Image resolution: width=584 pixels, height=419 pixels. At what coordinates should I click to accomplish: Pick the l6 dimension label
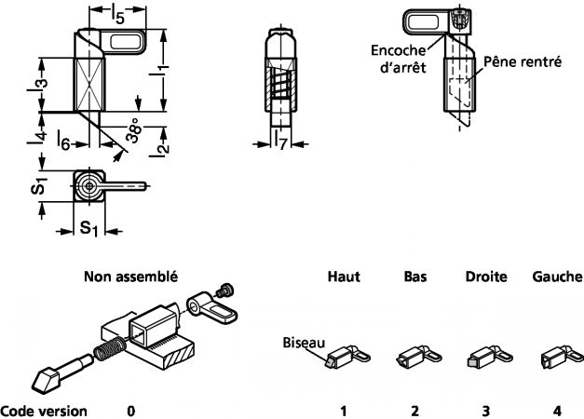pos(62,141)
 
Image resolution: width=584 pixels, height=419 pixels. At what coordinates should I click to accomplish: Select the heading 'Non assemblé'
pos(130,277)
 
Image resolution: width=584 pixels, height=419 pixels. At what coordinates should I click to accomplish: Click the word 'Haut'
pos(343,277)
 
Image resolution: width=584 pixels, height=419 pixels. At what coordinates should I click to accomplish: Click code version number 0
pos(130,410)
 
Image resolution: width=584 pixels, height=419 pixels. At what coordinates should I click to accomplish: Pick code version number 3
pos(485,410)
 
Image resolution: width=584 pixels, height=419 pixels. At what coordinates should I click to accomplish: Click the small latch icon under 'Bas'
pos(414,357)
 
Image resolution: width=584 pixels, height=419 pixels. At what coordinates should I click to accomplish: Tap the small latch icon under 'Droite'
pos(485,357)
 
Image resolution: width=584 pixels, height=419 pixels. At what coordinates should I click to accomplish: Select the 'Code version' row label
pos(45,410)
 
